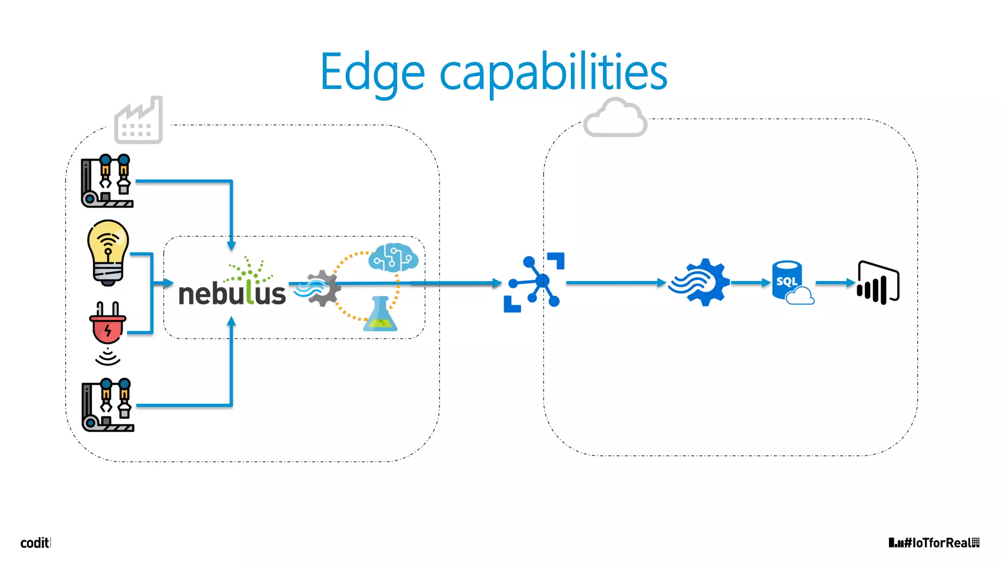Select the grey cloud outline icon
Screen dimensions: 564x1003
tap(616, 118)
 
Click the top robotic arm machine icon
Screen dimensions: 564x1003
tap(107, 181)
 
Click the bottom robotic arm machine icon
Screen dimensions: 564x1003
tap(108, 405)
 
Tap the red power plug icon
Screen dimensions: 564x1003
tap(108, 323)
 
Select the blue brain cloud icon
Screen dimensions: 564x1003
tap(393, 258)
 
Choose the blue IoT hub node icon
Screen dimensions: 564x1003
tap(535, 282)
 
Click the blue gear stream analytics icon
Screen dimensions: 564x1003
tap(700, 282)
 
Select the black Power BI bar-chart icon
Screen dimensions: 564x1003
tap(878, 282)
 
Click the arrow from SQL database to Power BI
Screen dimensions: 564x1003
tap(835, 282)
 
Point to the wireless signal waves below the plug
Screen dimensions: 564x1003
tap(108, 357)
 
